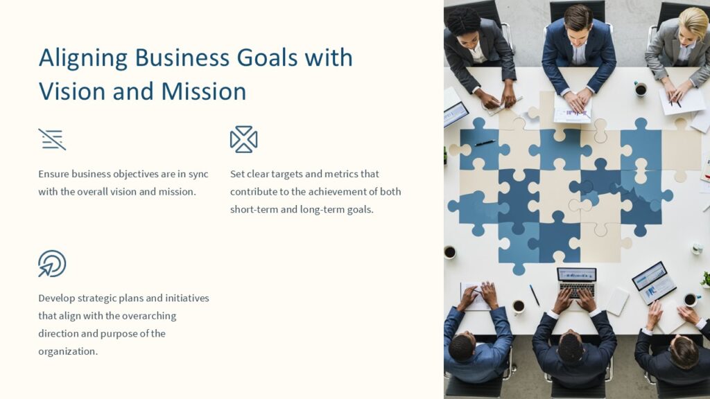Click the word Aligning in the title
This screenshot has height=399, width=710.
point(83,58)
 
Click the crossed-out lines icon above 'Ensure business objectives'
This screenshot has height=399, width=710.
point(52,139)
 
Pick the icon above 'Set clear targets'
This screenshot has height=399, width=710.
point(243,139)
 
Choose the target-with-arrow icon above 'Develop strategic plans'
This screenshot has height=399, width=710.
point(52,264)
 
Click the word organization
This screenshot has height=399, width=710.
point(68,351)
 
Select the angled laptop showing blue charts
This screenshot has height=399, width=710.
point(654,282)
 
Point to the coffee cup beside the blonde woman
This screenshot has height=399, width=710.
point(640,89)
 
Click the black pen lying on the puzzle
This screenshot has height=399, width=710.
point(485,143)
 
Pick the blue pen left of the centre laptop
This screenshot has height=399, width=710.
point(535,295)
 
